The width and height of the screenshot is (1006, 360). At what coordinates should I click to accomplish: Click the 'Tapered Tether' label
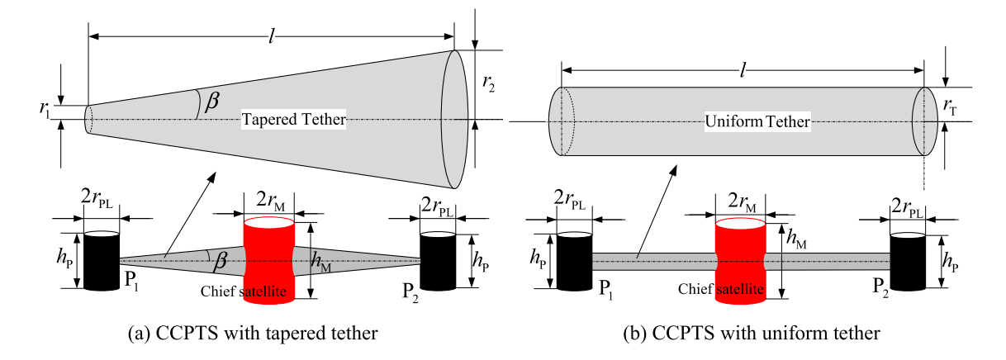(292, 121)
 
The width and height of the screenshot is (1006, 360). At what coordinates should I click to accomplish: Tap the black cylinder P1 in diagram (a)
(102, 260)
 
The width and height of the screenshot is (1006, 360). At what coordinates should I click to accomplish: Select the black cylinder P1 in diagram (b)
(574, 261)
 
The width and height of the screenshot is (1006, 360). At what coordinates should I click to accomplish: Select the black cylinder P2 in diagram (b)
(908, 261)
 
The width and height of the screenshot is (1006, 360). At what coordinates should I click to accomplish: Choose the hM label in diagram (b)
(795, 239)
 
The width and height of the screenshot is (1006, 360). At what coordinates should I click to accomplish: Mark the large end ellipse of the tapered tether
(456, 120)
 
